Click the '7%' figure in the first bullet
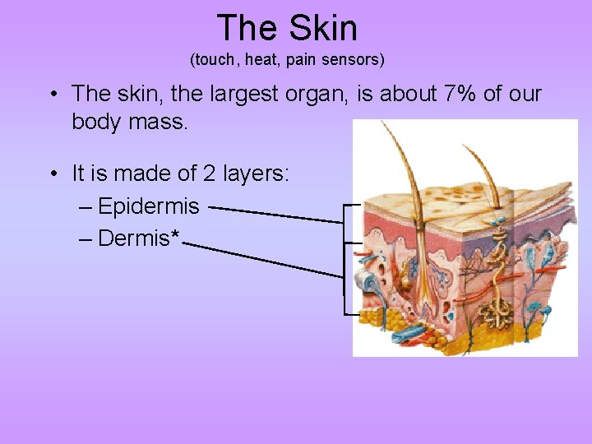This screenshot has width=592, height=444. [459, 94]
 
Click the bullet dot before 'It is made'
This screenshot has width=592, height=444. [53, 174]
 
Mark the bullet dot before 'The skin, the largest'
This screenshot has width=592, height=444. [53, 94]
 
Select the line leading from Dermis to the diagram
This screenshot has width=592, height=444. [263, 259]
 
